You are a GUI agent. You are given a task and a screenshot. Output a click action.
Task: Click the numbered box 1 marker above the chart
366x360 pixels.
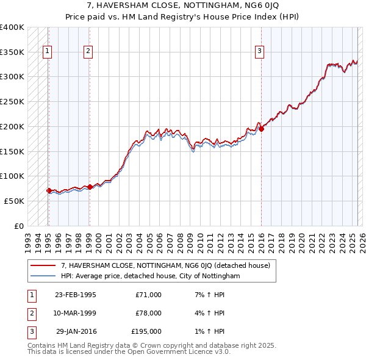point(48,52)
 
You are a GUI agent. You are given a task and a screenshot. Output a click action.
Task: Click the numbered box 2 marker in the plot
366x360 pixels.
point(88,52)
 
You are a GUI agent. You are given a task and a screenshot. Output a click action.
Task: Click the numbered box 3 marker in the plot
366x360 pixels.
point(260,52)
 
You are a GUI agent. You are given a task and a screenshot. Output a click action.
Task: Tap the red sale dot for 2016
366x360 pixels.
point(261,129)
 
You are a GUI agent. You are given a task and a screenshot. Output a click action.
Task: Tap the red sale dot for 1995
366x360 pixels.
point(49,190)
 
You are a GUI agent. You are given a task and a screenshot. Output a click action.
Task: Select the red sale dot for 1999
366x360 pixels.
point(90,187)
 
